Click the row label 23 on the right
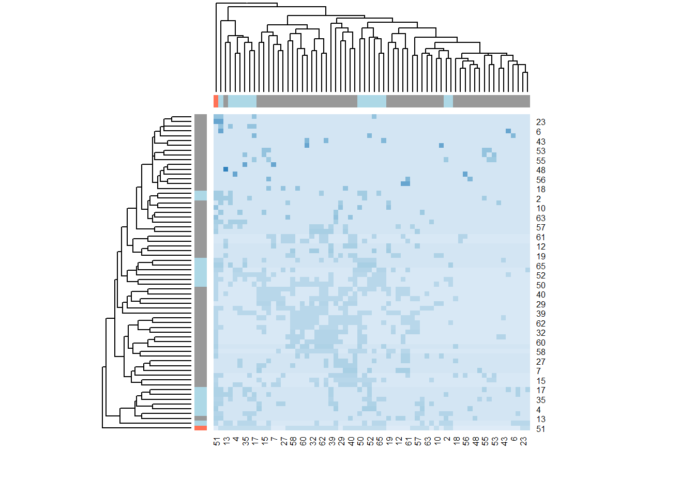click(540, 122)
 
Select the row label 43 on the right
click(540, 142)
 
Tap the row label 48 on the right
click(540, 171)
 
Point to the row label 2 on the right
click(538, 199)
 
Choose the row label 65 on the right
click(540, 266)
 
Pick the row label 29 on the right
click(540, 304)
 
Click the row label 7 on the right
click(538, 371)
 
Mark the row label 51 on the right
click(540, 429)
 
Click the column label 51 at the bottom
click(217, 441)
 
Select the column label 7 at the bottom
click(274, 440)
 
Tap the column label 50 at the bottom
click(360, 441)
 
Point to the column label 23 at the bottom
click(523, 441)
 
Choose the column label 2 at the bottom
click(447, 440)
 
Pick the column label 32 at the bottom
click(312, 441)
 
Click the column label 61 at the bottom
click(409, 441)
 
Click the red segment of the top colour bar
click(216, 101)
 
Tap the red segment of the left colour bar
click(201, 428)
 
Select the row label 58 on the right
click(540, 352)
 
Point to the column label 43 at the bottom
click(504, 441)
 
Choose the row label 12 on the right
click(540, 247)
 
